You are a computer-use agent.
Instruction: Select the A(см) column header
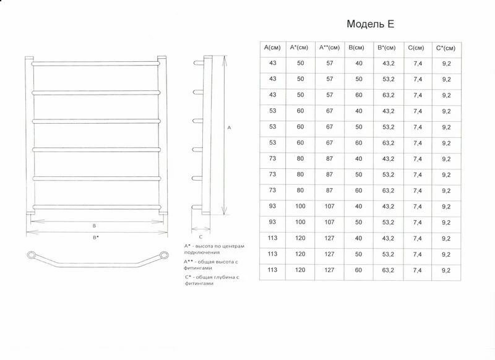[x=272, y=48]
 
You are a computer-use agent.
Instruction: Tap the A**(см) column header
[x=329, y=48]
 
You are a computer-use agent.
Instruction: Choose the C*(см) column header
[x=445, y=48]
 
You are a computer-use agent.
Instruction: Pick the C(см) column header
[x=416, y=48]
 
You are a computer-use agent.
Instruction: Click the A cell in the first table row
[x=272, y=63]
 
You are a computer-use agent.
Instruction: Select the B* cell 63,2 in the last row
[x=388, y=270]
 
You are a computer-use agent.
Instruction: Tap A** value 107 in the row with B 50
[x=329, y=222]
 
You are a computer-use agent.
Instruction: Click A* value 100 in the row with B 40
[x=301, y=206]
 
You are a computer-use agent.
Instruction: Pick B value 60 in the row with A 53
[x=358, y=143]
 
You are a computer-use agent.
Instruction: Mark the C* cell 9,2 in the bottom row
[x=445, y=270]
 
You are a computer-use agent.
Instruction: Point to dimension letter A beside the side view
[x=230, y=128]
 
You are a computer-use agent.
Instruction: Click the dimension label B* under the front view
[x=95, y=237]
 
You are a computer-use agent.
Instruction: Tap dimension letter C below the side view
[x=201, y=236]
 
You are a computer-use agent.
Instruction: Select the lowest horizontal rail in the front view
[x=97, y=207]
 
